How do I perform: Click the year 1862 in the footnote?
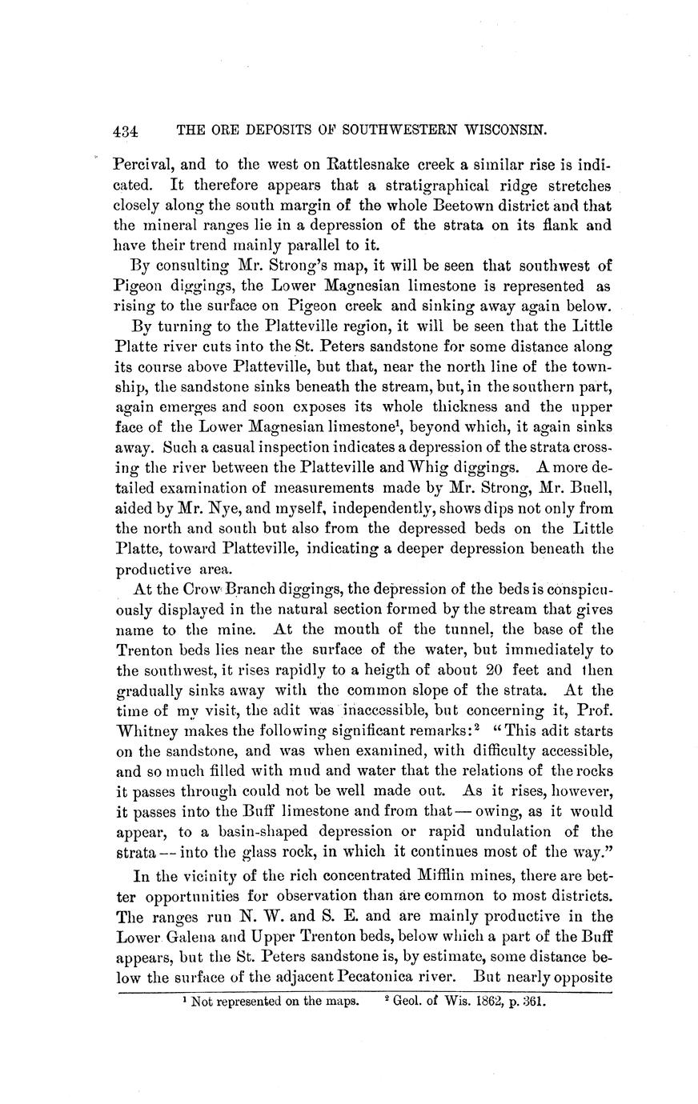coord(483,1000)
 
